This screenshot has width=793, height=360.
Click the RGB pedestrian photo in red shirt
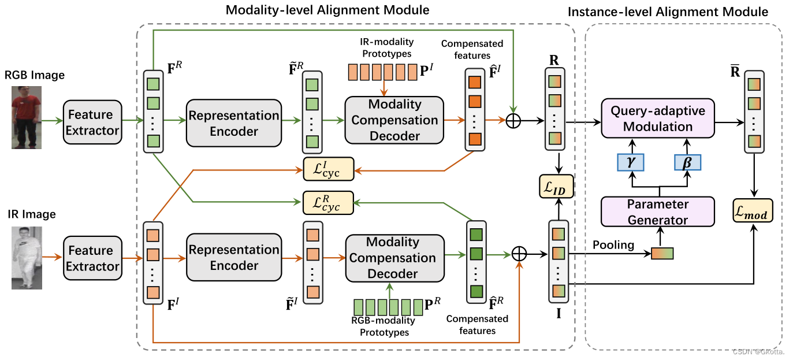click(27, 117)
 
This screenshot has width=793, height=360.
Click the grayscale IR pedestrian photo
click(27, 258)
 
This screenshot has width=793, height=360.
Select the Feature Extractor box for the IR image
click(92, 258)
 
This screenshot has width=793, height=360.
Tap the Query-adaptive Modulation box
click(657, 118)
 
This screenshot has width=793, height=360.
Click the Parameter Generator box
click(657, 211)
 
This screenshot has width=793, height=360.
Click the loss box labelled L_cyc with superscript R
click(329, 202)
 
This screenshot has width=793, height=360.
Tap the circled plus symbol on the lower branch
click(520, 254)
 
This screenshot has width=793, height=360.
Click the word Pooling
click(613, 245)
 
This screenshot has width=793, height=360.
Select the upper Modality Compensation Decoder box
click(394, 120)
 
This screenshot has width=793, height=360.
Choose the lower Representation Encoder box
click(234, 258)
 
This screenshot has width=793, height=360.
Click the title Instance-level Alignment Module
click(668, 12)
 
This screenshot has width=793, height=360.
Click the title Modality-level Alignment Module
click(327, 10)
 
